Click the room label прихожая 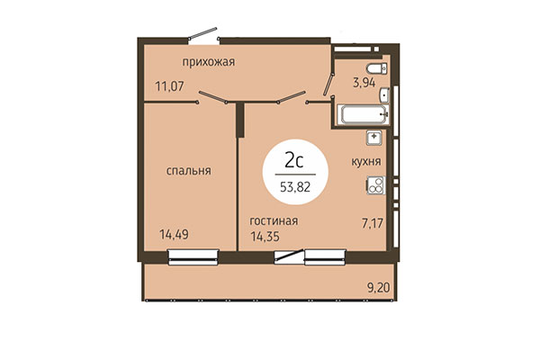pyautogui.click(x=208, y=61)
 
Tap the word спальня pyautogui.click(x=187, y=169)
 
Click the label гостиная pyautogui.click(x=274, y=220)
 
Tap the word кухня pyautogui.click(x=365, y=162)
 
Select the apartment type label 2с pyautogui.click(x=292, y=162)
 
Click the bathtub pyautogui.click(x=363, y=115)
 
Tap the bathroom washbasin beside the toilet pyautogui.click(x=384, y=94)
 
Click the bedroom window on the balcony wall pyautogui.click(x=193, y=260)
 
